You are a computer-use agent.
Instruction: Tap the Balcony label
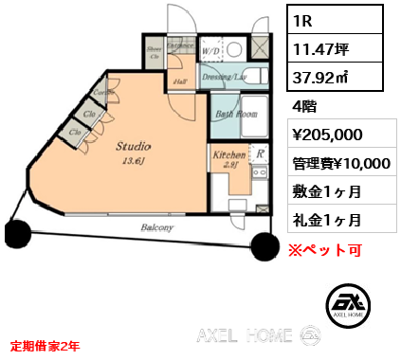[157, 228]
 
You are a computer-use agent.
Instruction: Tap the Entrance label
[180, 45]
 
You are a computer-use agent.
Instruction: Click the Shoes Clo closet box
[154, 53]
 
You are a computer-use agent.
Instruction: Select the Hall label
[179, 81]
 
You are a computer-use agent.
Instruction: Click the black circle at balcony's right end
[264, 244]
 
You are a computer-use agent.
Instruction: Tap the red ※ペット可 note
[325, 250]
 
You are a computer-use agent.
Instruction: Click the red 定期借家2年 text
[45, 347]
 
